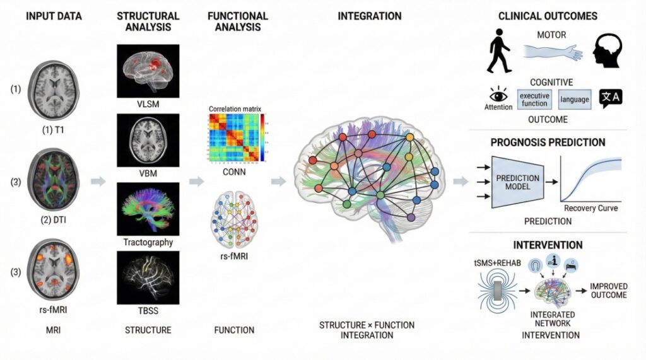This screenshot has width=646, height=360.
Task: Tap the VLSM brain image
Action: [x=148, y=70]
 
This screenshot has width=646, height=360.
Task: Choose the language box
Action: [x=574, y=100]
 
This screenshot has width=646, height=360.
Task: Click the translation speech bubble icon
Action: [x=611, y=98]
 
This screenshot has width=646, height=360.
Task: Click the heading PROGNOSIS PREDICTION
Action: [x=548, y=142]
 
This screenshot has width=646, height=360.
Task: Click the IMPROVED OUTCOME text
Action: [x=608, y=291]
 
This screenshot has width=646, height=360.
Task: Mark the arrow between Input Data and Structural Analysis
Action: [x=98, y=182]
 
